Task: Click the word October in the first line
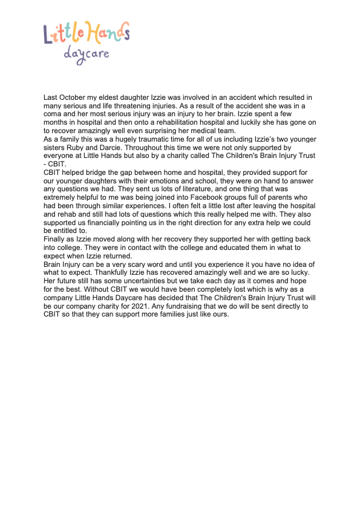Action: point(71,97)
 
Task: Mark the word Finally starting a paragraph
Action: point(55,239)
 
